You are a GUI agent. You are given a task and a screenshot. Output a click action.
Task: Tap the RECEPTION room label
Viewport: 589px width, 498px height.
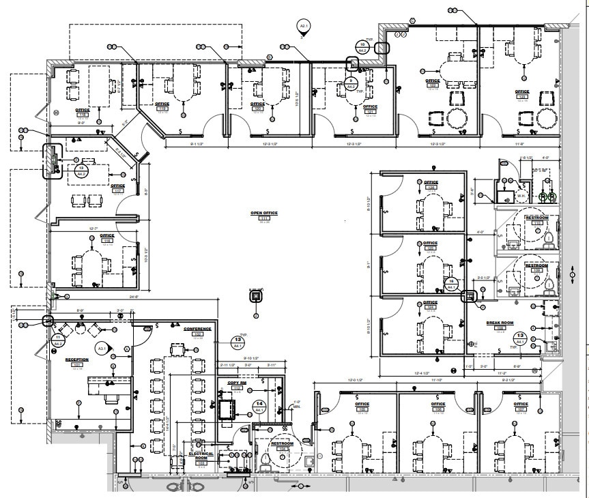76,360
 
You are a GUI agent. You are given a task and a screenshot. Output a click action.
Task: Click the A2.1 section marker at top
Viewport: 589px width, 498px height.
304,27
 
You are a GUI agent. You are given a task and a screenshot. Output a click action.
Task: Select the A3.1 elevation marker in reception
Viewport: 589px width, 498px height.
102,348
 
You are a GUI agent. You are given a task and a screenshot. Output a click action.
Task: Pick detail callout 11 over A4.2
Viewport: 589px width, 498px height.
59,339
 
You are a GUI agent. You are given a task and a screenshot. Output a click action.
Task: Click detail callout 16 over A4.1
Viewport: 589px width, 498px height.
450,283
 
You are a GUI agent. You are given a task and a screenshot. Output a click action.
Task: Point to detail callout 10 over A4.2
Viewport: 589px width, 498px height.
362,46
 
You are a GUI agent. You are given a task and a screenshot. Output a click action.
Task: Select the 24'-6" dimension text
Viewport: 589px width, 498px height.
132,297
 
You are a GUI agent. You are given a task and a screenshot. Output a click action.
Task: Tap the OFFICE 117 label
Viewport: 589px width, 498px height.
117,186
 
